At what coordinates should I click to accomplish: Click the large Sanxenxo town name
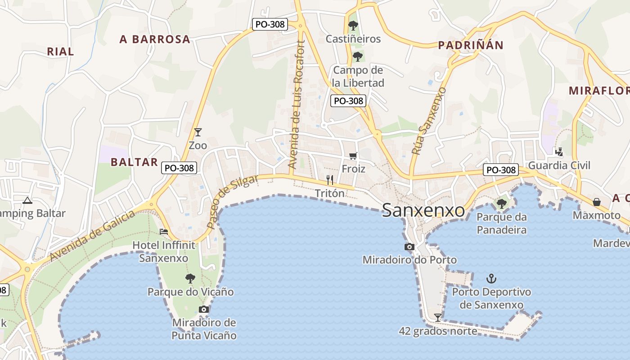(x=423, y=211)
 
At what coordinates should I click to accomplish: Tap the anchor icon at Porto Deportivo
(x=491, y=279)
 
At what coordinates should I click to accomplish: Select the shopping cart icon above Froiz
(x=353, y=156)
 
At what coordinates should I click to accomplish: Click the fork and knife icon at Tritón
(x=330, y=180)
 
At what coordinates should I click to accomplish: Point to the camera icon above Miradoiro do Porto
(x=409, y=247)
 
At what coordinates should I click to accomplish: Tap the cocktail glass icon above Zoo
(x=198, y=132)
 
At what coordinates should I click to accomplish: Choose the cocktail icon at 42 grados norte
(x=437, y=317)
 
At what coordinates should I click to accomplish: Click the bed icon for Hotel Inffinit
(x=164, y=232)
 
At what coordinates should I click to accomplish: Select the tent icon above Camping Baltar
(x=27, y=200)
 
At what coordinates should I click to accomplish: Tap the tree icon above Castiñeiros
(x=353, y=26)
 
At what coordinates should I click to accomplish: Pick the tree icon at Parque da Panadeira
(x=501, y=204)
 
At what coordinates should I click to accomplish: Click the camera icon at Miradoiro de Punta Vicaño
(x=204, y=309)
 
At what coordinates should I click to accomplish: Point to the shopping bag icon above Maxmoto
(x=596, y=202)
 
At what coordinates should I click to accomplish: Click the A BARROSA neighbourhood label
(x=155, y=39)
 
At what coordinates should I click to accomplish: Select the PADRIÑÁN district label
(x=471, y=45)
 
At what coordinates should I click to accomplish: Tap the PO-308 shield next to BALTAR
(x=179, y=168)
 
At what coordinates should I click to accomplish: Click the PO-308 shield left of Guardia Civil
(x=501, y=170)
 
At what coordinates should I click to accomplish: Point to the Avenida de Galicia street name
(x=92, y=236)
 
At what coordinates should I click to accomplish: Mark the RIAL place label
(x=60, y=51)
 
